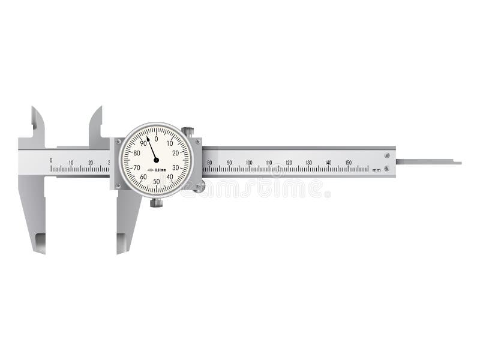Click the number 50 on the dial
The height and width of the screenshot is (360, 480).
156,181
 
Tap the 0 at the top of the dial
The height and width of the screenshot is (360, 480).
156,139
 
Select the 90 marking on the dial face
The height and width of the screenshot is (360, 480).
143,143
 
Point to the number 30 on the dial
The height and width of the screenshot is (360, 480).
175,167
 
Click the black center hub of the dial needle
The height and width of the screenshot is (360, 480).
156,160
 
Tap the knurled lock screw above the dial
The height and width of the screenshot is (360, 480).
189,131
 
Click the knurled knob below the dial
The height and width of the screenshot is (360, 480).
156,203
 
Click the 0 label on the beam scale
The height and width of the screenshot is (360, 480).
51,160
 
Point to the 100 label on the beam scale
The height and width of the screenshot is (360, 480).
248,163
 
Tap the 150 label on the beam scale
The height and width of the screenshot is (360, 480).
348,163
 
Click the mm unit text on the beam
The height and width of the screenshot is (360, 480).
376,170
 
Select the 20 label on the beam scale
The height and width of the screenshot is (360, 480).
91,162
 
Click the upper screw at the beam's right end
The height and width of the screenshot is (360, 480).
386,156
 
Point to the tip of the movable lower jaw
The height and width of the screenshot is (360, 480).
120,251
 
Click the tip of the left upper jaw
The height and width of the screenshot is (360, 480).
34,108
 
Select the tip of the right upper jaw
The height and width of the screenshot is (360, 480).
100,108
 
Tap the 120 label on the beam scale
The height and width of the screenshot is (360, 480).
288,163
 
